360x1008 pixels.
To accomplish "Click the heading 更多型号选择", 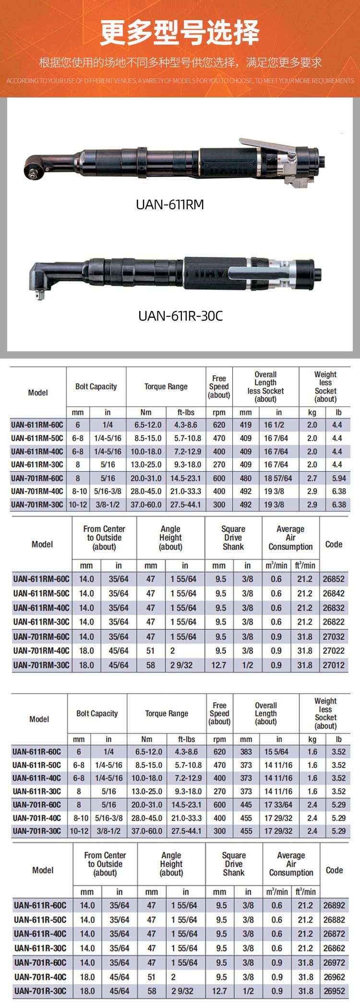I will click(180, 33).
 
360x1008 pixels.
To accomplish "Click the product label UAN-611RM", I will click(170, 204).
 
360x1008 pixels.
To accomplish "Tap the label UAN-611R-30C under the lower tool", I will click(180, 316).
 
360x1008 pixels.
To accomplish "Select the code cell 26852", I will click(334, 579).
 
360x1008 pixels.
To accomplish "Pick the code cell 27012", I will click(334, 665).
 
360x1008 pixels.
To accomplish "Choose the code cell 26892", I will click(334, 905).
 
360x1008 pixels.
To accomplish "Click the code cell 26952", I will click(334, 991).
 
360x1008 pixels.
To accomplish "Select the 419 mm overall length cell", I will click(246, 425).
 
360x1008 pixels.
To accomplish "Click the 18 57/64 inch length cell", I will click(278, 478).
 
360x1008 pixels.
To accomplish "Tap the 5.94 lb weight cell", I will click(339, 478).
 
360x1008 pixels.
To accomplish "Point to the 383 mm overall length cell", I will click(246, 752).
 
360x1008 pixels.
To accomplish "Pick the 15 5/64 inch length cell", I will click(276, 752).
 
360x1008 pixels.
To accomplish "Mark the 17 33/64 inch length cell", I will click(278, 804).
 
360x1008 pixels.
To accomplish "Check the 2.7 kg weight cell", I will click(312, 478).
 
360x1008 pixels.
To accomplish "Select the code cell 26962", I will click(334, 977).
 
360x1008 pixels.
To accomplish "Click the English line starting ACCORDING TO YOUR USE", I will click(180, 81).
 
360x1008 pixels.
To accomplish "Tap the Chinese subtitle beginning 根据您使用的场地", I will click(180, 62).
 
